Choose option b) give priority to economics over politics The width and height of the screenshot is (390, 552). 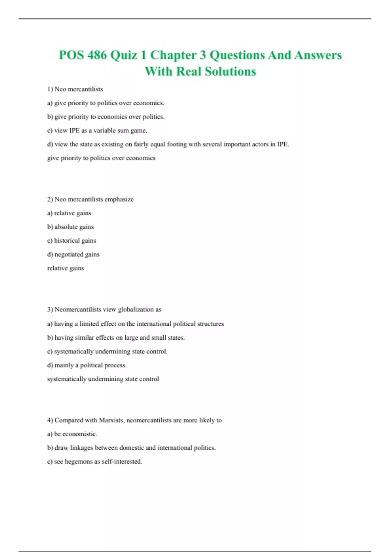[106, 117]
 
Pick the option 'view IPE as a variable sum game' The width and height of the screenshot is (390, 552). [97, 131]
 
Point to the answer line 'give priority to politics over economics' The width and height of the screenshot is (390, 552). [101, 158]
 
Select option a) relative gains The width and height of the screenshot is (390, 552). [69, 213]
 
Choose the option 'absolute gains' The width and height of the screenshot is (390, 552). [71, 227]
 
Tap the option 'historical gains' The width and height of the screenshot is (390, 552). [71, 241]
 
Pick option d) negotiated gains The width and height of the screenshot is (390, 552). [73, 254]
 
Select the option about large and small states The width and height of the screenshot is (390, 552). [116, 338]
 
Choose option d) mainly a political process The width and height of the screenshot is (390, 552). [87, 365]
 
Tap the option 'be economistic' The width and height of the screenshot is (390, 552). [72, 434]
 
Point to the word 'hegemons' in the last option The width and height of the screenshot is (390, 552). [78, 461]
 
